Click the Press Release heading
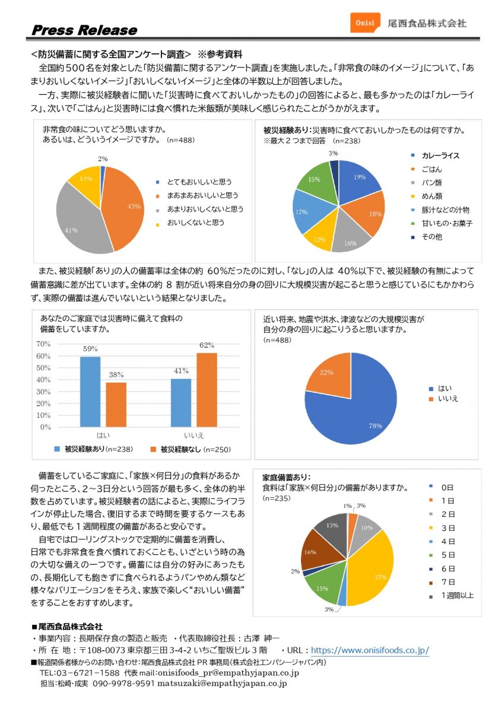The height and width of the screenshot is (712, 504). pyautogui.click(x=84, y=30)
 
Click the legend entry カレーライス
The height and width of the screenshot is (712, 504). pyautogui.click(x=440, y=156)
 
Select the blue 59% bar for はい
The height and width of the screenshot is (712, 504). pyautogui.click(x=90, y=392)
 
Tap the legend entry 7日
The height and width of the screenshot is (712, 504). pyautogui.click(x=448, y=581)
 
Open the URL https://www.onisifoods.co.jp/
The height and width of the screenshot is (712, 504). pyautogui.click(x=370, y=650)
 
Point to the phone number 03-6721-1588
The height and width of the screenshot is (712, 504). pyautogui.click(x=80, y=673)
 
